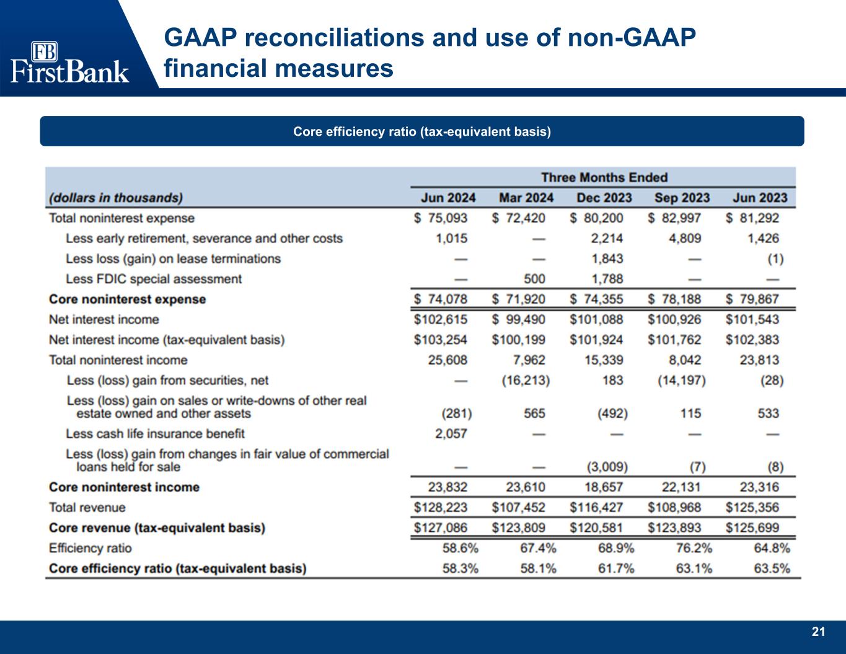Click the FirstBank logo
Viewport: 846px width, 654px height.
[69, 62]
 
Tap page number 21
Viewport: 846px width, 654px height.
[818, 632]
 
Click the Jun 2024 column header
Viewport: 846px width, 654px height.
[448, 198]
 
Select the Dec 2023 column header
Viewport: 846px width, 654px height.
[604, 198]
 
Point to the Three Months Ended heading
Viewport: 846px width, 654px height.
[604, 178]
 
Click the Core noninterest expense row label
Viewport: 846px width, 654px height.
[127, 299]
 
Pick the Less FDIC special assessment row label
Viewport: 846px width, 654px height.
[153, 279]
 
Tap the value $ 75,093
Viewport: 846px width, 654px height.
[441, 218]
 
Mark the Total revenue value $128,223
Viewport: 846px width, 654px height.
[441, 508]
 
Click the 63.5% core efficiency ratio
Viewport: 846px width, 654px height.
[771, 568]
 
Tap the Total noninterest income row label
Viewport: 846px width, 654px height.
[118, 360]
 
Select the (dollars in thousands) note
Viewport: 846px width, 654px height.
[116, 198]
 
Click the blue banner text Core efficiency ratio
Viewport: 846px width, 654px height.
[422, 131]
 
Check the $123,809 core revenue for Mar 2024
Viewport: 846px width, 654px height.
[519, 528]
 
